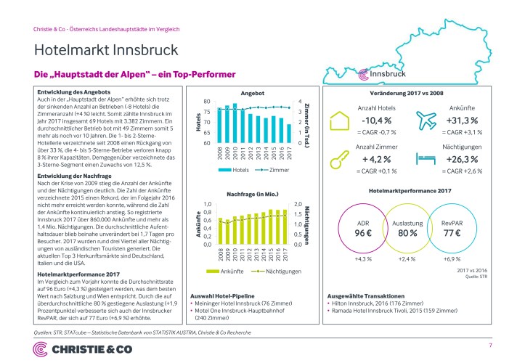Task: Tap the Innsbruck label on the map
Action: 388,74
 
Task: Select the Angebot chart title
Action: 252,94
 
